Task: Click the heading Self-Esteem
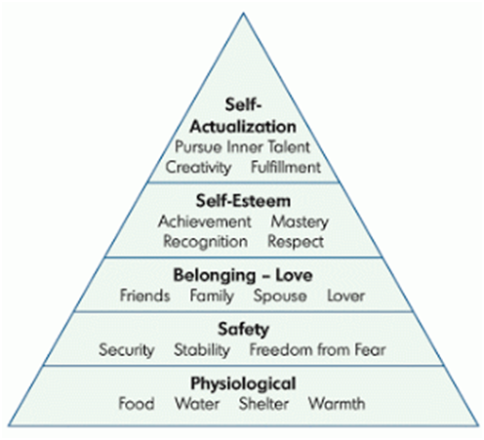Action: pos(243,201)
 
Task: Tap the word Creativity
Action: pos(198,168)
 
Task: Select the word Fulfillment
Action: pos(286,167)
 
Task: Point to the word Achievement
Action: pos(205,221)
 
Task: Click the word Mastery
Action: pos(300,222)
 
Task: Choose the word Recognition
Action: pos(205,242)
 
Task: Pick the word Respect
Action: pos(296,242)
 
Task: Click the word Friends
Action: pos(144,296)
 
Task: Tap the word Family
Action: pos(212,297)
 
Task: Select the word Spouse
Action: pos(280,297)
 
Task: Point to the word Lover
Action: pos(345,296)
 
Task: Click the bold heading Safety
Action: pos(243,330)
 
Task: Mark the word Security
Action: pos(127,350)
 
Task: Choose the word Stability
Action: pos(202,350)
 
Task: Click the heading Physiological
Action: pos(243,383)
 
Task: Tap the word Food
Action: pos(136,404)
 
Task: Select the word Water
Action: pos(197,404)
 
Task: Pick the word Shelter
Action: pos(263,404)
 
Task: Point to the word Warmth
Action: pos(337,404)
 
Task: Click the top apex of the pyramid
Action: pos(243,13)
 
